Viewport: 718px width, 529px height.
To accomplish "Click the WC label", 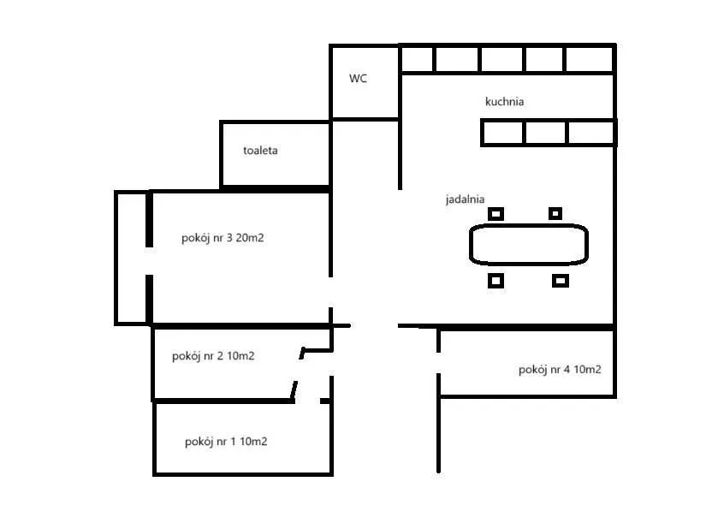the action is coord(358,78).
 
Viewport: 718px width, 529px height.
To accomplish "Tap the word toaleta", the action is coord(260,151).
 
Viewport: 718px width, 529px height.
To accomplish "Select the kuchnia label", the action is coord(504,101).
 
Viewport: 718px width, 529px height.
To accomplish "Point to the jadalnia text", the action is coord(465,199).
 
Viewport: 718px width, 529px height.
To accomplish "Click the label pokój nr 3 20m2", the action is coord(223,238).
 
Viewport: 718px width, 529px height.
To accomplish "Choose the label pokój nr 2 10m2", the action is coord(213,356).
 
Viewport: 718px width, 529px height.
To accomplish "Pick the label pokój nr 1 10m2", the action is coord(226,442).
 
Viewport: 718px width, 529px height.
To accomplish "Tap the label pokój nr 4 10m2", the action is coord(560,370).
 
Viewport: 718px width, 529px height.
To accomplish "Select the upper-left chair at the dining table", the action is coord(495,213).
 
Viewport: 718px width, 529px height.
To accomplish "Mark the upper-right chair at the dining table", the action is coord(555,213).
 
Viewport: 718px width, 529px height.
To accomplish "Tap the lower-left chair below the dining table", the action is coord(495,280).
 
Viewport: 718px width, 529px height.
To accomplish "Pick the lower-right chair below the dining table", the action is coord(561,280).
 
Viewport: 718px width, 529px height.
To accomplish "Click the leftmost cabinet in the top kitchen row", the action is coord(417,59).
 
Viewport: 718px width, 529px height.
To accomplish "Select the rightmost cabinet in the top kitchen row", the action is coord(590,59).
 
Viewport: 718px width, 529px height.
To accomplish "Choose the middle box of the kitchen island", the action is coord(545,133).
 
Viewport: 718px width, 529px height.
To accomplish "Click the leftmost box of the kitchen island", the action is coord(502,133).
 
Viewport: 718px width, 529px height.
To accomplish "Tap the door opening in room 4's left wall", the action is coord(438,363).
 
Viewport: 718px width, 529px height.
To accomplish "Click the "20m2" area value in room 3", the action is coord(250,238).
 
